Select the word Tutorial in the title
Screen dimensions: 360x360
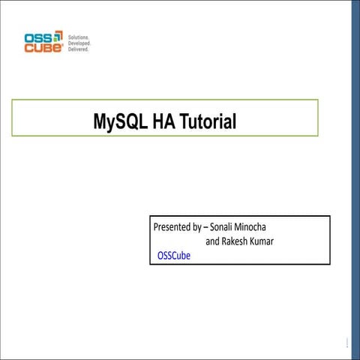208,120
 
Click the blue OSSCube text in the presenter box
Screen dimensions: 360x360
174,256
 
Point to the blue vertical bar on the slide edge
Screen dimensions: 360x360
355,180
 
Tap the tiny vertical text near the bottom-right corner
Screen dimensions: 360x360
347,344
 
